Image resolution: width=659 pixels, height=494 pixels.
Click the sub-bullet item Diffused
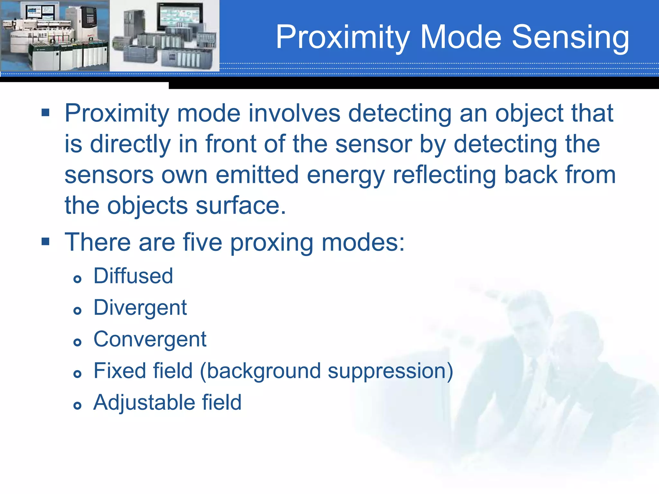pyautogui.click(x=133, y=276)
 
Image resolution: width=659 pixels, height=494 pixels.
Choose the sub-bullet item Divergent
pyautogui.click(x=140, y=307)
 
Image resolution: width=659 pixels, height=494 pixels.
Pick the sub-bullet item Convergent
pyautogui.click(x=150, y=339)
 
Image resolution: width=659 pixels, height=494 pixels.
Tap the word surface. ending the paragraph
pyautogui.click(x=241, y=206)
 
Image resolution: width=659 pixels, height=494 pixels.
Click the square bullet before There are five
pyautogui.click(x=45, y=241)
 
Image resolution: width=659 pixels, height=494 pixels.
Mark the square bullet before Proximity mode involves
pyautogui.click(x=45, y=113)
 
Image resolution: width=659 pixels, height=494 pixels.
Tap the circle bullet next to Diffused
pyautogui.click(x=77, y=279)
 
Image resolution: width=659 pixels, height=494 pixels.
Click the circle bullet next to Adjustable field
pyautogui.click(x=77, y=405)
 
